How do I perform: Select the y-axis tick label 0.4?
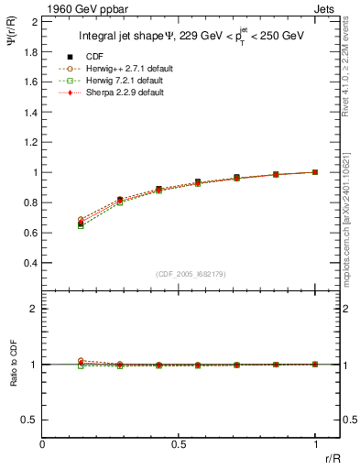coord(27,262)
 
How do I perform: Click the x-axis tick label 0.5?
coord(179,443)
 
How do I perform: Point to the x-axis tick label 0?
coord(42,443)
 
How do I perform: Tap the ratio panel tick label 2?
coord(33,309)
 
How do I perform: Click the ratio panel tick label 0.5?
coord(27,420)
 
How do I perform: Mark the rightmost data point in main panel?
coord(315,171)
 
